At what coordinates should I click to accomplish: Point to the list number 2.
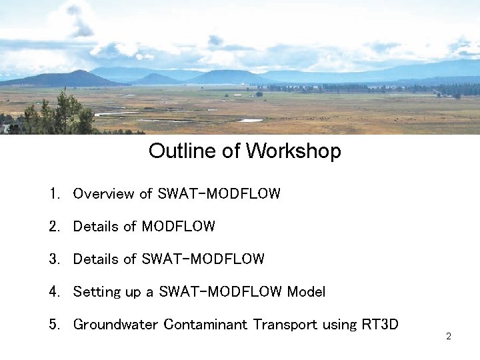[53, 227]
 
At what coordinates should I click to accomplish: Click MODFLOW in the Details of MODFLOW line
[179, 227]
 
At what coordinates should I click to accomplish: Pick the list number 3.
[53, 259]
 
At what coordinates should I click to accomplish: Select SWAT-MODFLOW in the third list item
[203, 259]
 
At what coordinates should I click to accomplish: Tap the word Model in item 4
[306, 292]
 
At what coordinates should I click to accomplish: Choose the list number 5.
[53, 325]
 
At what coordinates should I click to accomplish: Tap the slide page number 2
[449, 337]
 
